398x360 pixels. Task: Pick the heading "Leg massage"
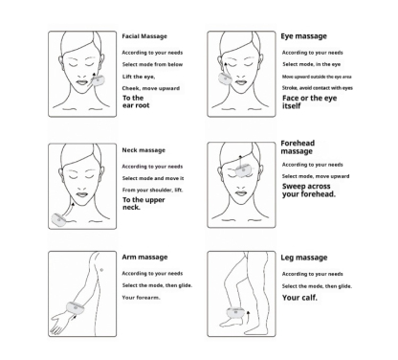(x=305, y=259)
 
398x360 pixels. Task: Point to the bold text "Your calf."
(x=301, y=297)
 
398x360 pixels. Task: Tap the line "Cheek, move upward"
(x=151, y=87)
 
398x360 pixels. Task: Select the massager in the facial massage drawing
(x=99, y=82)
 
